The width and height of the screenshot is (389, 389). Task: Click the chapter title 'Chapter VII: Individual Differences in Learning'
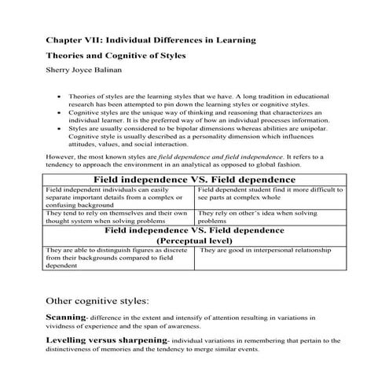coord(149,39)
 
